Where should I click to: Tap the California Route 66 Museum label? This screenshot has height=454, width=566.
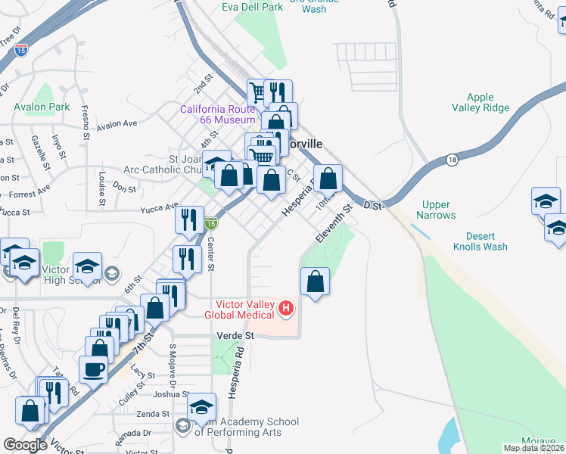pos(217,115)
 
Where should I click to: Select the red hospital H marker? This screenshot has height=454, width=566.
pos(286,308)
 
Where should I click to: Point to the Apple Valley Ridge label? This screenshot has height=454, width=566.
pos(480,103)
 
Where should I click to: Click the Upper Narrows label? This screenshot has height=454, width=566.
pos(437,210)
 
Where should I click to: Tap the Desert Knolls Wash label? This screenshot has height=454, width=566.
pos(480,241)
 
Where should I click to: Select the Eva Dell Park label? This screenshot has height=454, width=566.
pos(253,7)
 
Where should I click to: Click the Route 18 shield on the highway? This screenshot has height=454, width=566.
pos(452,159)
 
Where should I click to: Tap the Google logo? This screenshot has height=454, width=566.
pos(25,445)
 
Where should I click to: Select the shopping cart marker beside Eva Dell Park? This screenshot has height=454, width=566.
pos(259,92)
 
